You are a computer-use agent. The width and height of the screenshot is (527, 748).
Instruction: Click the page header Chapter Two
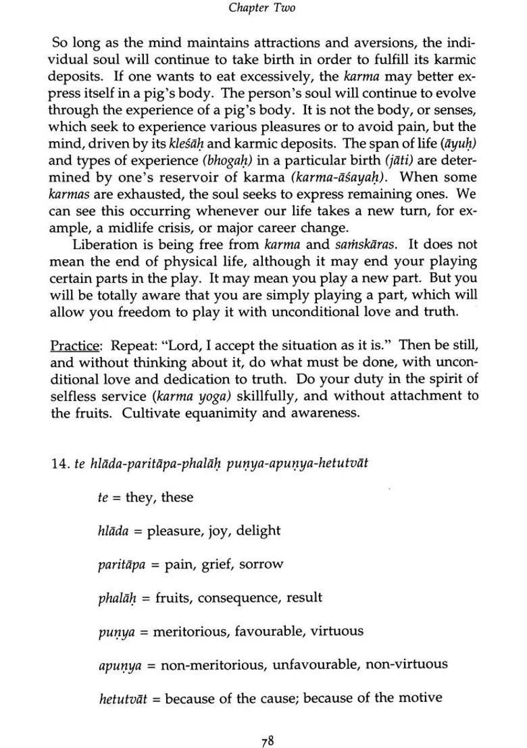click(x=262, y=8)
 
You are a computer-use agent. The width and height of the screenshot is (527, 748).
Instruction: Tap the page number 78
click(x=267, y=724)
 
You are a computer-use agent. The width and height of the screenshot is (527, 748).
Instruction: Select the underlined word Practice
click(x=74, y=345)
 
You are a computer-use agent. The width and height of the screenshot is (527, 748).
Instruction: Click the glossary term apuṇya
click(x=120, y=664)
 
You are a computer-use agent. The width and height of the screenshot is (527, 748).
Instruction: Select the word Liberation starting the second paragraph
click(x=103, y=244)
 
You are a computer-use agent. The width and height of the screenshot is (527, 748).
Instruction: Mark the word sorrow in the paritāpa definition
click(x=261, y=564)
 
